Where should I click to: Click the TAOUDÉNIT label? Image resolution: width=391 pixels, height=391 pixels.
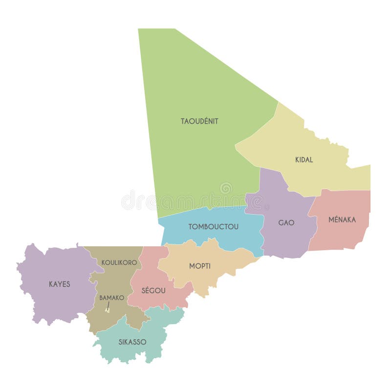click(199, 121)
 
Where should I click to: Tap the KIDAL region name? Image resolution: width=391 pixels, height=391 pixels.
click(304, 160)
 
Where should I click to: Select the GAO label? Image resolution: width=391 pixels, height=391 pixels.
click(286, 223)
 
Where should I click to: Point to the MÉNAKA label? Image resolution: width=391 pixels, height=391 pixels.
click(342, 220)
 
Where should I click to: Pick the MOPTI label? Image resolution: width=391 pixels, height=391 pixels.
click(200, 266)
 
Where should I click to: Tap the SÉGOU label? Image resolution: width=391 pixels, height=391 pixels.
click(153, 290)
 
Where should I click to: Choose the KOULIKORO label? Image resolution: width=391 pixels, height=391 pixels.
click(119, 262)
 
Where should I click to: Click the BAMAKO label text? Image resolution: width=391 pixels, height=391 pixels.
click(112, 297)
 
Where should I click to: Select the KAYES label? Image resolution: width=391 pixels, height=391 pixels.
click(59, 284)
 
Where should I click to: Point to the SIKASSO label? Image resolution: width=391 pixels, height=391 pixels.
click(132, 342)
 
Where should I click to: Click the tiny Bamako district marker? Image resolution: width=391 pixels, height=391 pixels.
click(107, 309)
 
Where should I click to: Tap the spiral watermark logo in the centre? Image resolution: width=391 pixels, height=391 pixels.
click(226, 188)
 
